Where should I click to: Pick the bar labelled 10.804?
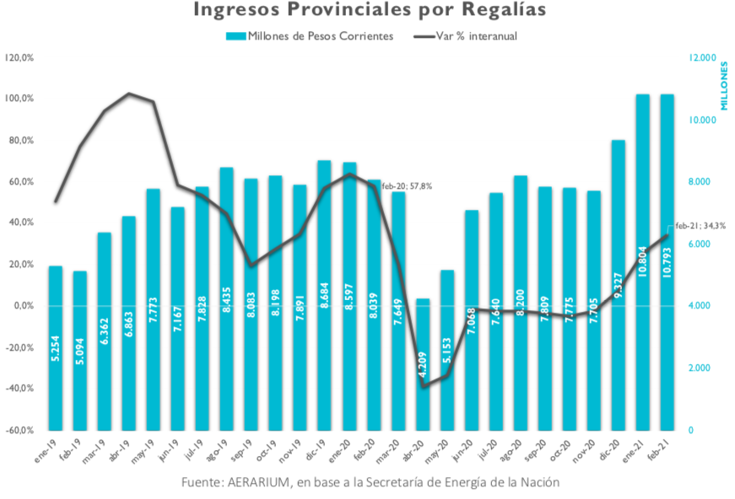click(642, 261)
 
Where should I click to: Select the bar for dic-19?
click(324, 295)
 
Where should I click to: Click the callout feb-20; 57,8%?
click(407, 185)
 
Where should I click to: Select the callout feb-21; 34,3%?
click(700, 226)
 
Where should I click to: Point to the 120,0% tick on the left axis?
click(19, 57)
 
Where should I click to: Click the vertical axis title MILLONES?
click(723, 84)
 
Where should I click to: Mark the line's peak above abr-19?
click(128, 94)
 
